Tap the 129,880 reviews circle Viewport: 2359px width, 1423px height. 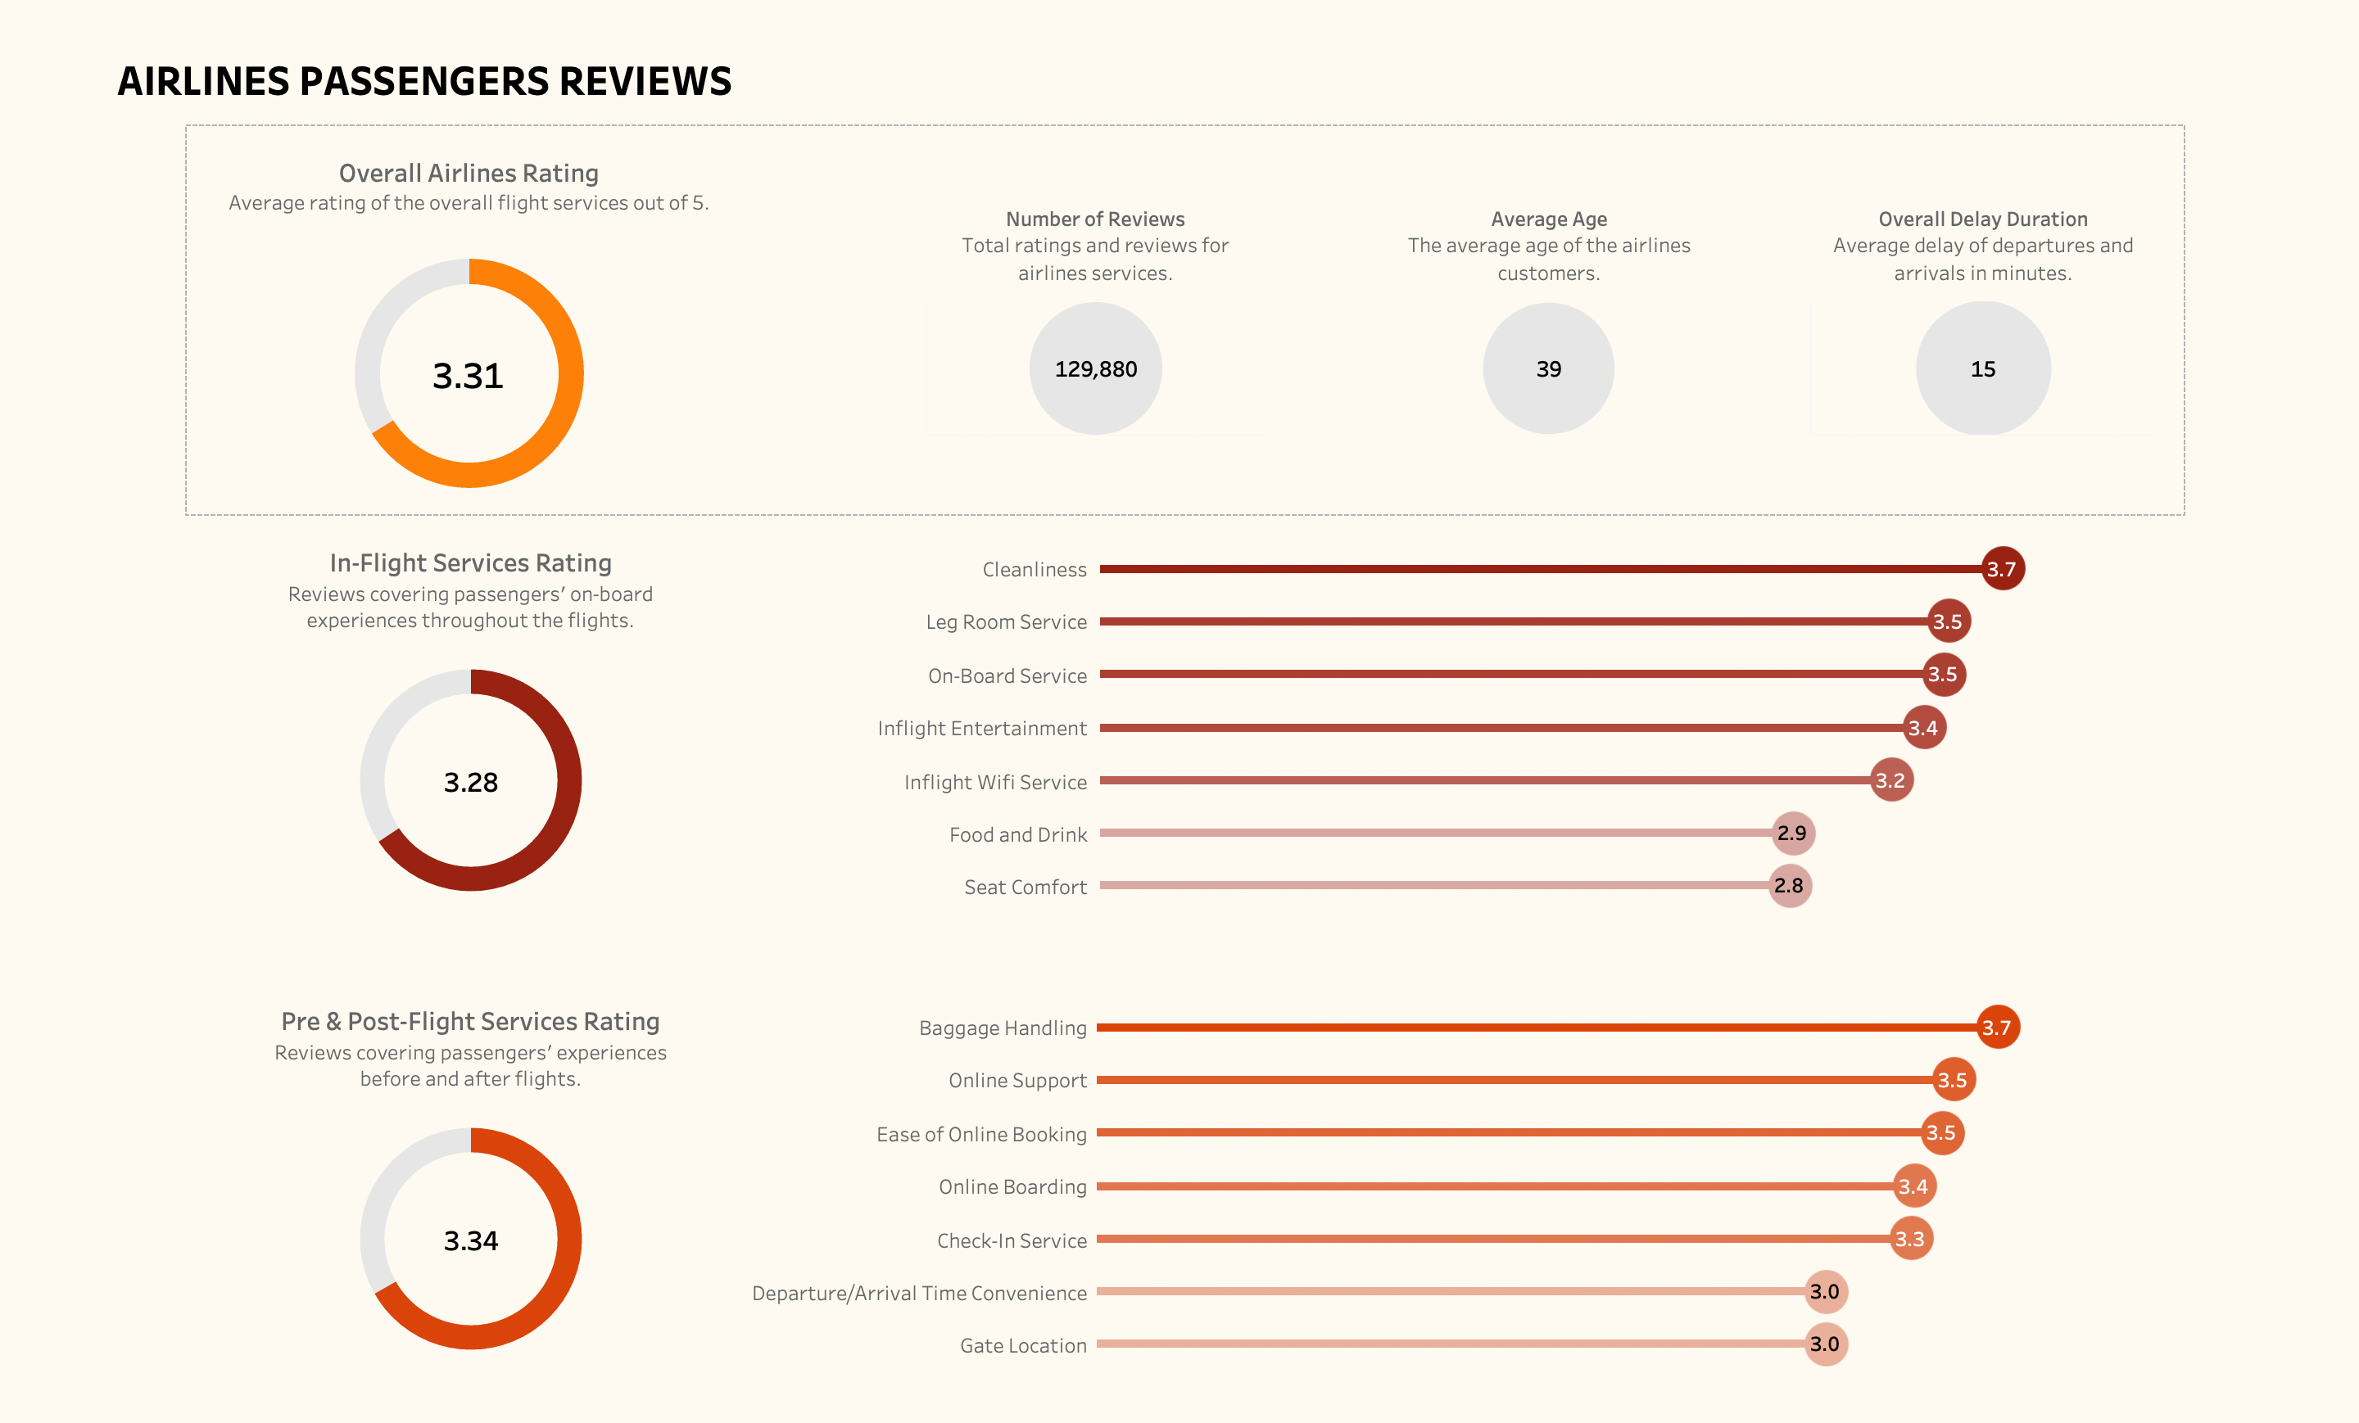tap(1095, 368)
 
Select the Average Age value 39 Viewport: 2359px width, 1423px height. tap(1548, 368)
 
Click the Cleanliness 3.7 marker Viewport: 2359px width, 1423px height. tap(2002, 568)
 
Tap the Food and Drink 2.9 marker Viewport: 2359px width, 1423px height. tap(1793, 833)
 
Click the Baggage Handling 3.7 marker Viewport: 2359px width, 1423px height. tap(1998, 1027)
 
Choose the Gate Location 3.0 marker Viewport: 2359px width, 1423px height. tap(1825, 1344)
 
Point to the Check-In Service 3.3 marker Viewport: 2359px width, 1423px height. tap(1911, 1238)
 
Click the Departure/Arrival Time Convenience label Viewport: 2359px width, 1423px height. tap(919, 1293)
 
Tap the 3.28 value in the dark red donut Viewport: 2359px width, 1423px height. tap(470, 782)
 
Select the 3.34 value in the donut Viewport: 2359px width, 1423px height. tap(470, 1240)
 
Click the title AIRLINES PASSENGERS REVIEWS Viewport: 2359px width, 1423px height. tap(424, 81)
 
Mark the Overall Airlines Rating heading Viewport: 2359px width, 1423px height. tap(469, 174)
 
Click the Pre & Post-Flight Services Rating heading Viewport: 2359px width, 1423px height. tap(470, 1021)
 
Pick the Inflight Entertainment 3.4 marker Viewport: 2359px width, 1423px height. tap(1923, 727)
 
